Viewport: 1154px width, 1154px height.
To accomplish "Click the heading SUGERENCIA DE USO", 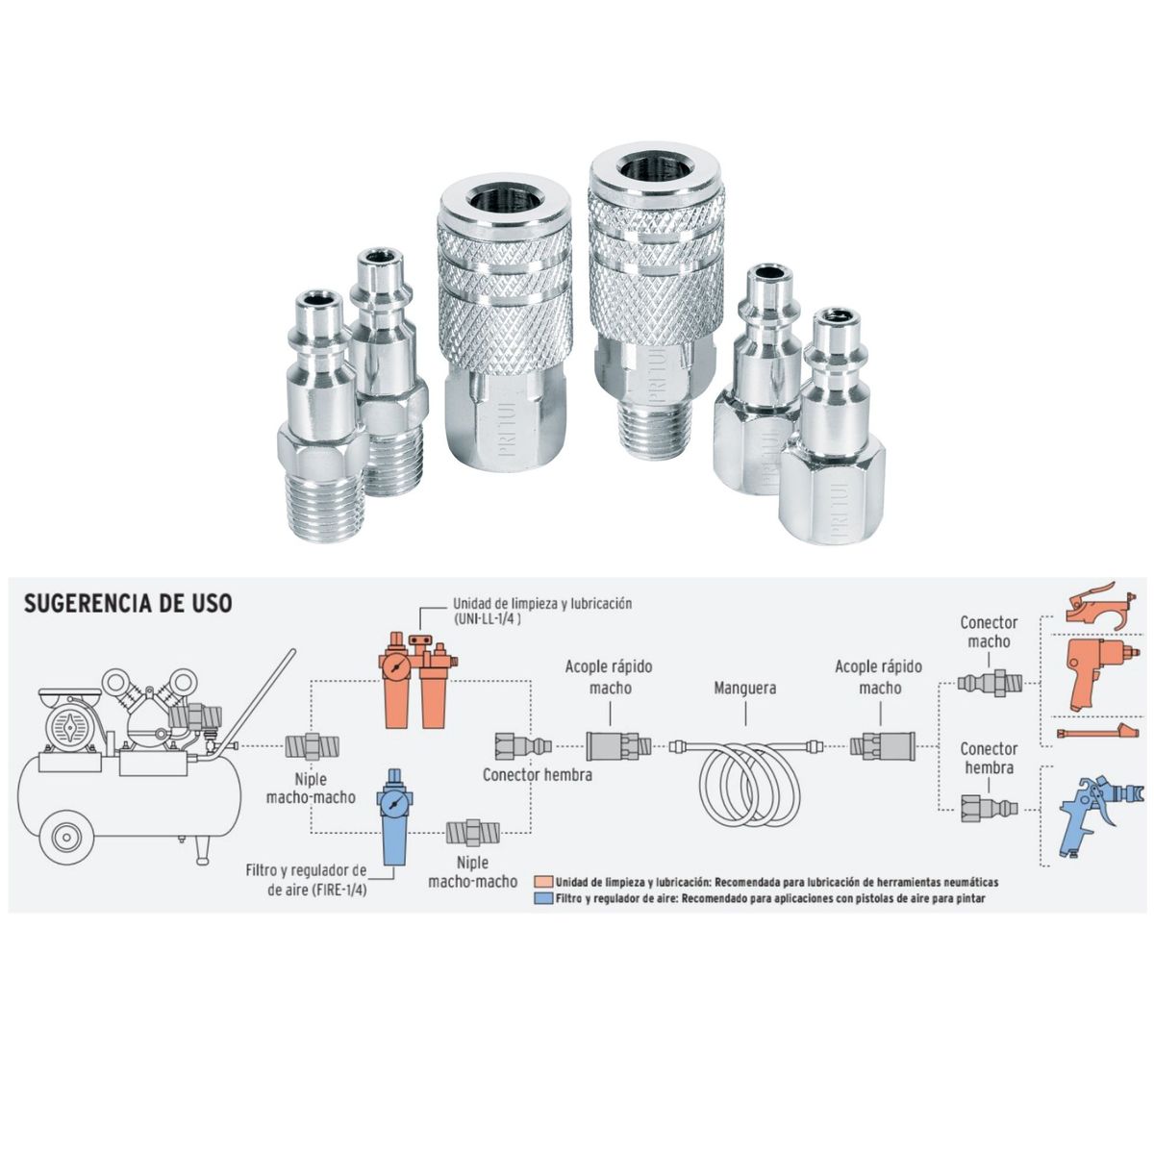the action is pos(128,603).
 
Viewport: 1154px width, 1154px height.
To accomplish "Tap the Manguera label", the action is pos(745,689).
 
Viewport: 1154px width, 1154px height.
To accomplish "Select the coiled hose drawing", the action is pos(745,779).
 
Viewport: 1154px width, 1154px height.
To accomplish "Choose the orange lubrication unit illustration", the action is pos(418,679).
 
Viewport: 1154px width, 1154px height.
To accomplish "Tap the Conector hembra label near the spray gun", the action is pos(989,758).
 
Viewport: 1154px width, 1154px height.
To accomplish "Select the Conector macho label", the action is pos(989,632).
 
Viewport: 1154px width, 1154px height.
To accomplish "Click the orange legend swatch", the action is pos(543,882).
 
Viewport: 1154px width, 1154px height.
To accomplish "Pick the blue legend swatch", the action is pos(543,898).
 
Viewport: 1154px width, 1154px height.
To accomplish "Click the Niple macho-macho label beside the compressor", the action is pos(311,789).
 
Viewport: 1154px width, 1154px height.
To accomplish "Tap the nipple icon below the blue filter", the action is pos(472,832).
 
